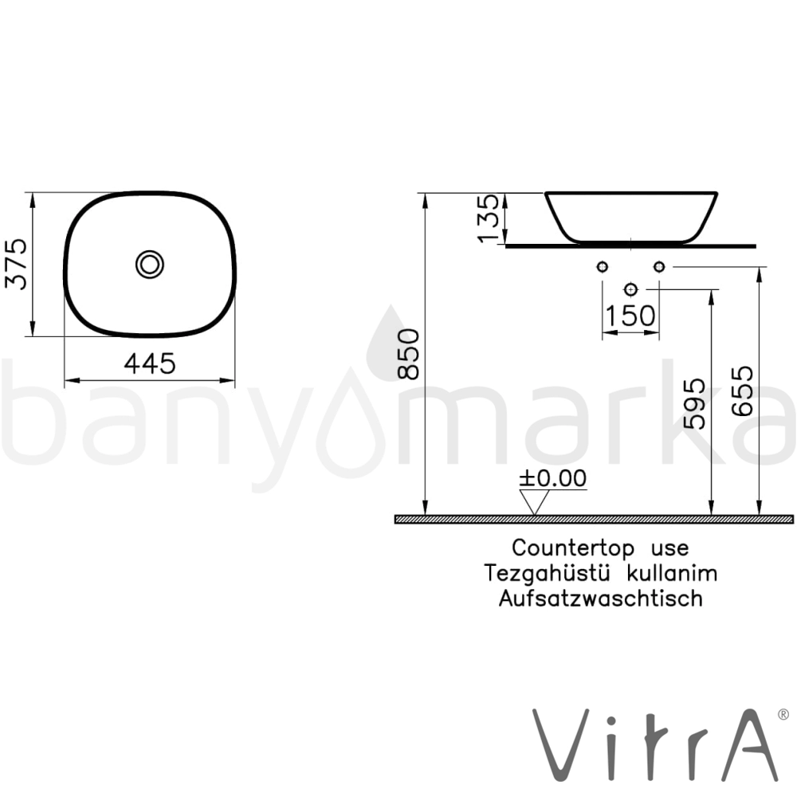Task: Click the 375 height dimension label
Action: tap(16, 264)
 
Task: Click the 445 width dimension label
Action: tap(150, 363)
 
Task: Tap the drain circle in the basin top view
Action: tap(150, 265)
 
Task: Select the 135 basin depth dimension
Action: tap(489, 218)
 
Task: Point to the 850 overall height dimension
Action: tap(409, 355)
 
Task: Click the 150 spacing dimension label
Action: tap(630, 316)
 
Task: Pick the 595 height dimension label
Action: tap(694, 403)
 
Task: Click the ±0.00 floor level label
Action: tap(552, 477)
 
